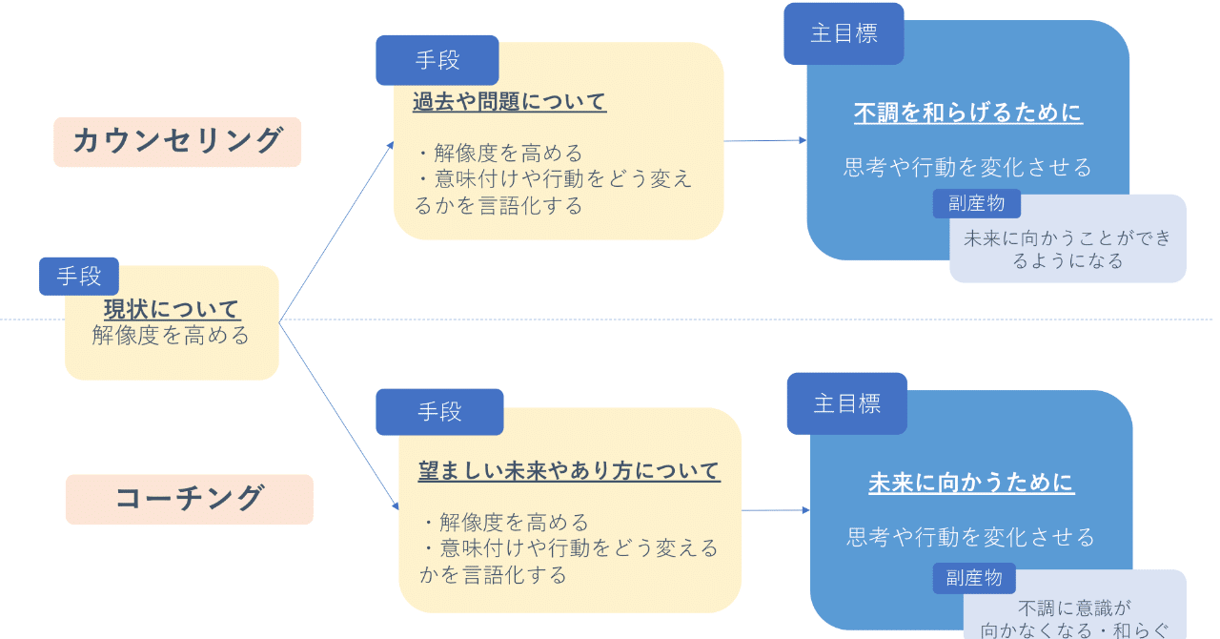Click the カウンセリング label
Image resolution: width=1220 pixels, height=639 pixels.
(177, 141)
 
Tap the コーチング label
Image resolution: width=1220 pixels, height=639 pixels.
(189, 499)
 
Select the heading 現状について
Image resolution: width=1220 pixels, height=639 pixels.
(172, 309)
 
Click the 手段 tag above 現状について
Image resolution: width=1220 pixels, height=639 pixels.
(79, 277)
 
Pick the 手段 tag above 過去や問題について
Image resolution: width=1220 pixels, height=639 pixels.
(437, 60)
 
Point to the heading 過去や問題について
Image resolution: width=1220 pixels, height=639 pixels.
(510, 102)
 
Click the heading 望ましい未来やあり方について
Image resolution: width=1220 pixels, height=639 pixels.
(569, 471)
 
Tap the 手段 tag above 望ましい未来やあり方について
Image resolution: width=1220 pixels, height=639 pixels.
(439, 412)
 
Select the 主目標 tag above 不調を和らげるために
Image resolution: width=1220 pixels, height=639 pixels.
(844, 33)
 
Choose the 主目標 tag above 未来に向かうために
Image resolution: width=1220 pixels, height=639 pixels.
(846, 403)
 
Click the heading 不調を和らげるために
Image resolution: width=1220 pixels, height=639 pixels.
(968, 113)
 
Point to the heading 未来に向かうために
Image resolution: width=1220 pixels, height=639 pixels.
(971, 483)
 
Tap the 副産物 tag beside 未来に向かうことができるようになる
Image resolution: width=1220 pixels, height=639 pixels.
(976, 203)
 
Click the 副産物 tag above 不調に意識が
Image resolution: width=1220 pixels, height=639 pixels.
(974, 578)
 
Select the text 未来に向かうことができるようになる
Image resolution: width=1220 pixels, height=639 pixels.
(1067, 249)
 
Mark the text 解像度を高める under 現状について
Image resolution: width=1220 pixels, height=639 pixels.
(172, 335)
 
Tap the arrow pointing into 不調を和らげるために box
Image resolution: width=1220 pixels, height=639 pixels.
(764, 141)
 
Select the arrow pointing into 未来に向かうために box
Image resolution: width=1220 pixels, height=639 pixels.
(775, 510)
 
